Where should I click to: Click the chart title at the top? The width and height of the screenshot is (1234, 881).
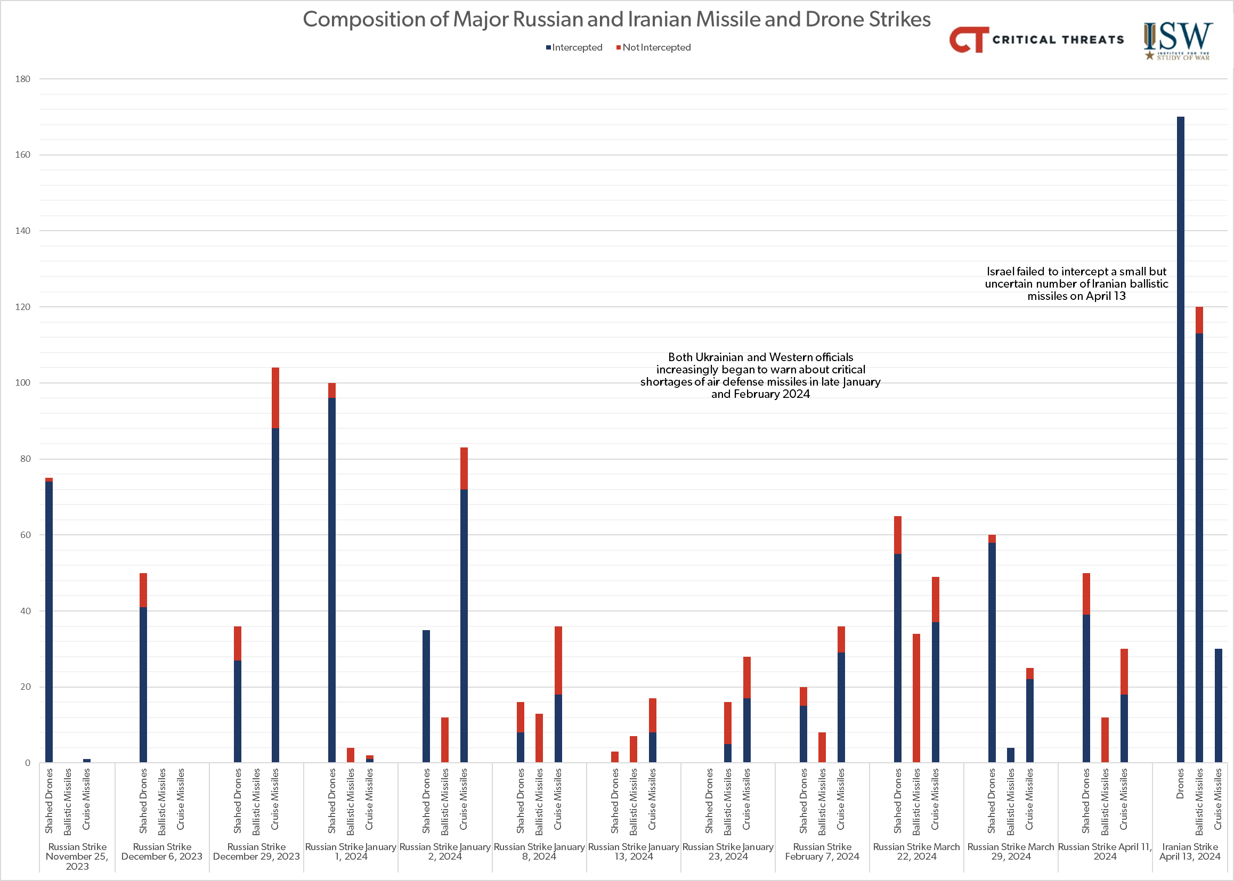616,20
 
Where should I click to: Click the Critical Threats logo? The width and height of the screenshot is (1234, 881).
1036,39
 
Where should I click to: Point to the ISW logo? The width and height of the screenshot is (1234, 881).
1177,40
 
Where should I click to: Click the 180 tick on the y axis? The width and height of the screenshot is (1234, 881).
23,79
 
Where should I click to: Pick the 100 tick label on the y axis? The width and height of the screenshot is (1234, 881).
23,383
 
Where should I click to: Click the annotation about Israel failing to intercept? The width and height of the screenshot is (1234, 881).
1077,284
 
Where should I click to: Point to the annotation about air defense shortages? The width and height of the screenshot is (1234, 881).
760,376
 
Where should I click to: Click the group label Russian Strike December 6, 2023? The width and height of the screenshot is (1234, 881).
162,852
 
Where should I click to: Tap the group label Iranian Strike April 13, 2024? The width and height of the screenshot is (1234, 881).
1190,852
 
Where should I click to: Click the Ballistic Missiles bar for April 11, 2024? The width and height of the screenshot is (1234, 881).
1105,740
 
